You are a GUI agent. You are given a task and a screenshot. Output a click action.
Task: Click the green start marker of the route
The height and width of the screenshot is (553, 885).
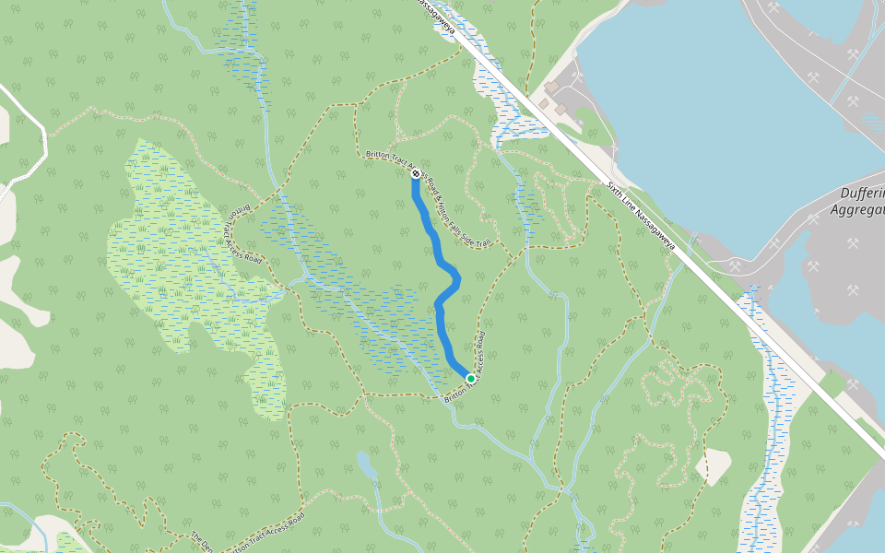pyautogui.click(x=471, y=378)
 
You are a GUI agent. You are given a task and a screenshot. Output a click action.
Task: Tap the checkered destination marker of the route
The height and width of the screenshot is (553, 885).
pyautogui.click(x=417, y=173)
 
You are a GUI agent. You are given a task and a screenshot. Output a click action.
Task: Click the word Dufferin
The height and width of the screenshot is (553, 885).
pyautogui.click(x=862, y=194)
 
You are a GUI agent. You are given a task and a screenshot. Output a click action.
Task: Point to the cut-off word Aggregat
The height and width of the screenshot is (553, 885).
pyautogui.click(x=857, y=210)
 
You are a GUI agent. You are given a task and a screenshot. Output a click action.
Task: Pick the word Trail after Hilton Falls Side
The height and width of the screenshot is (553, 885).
pyautogui.click(x=484, y=244)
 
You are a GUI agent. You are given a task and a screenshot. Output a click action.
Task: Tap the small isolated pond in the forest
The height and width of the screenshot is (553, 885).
pyautogui.click(x=366, y=465)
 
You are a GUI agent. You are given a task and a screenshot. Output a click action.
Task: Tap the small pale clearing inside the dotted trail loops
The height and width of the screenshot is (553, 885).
pyautogui.click(x=714, y=465)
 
